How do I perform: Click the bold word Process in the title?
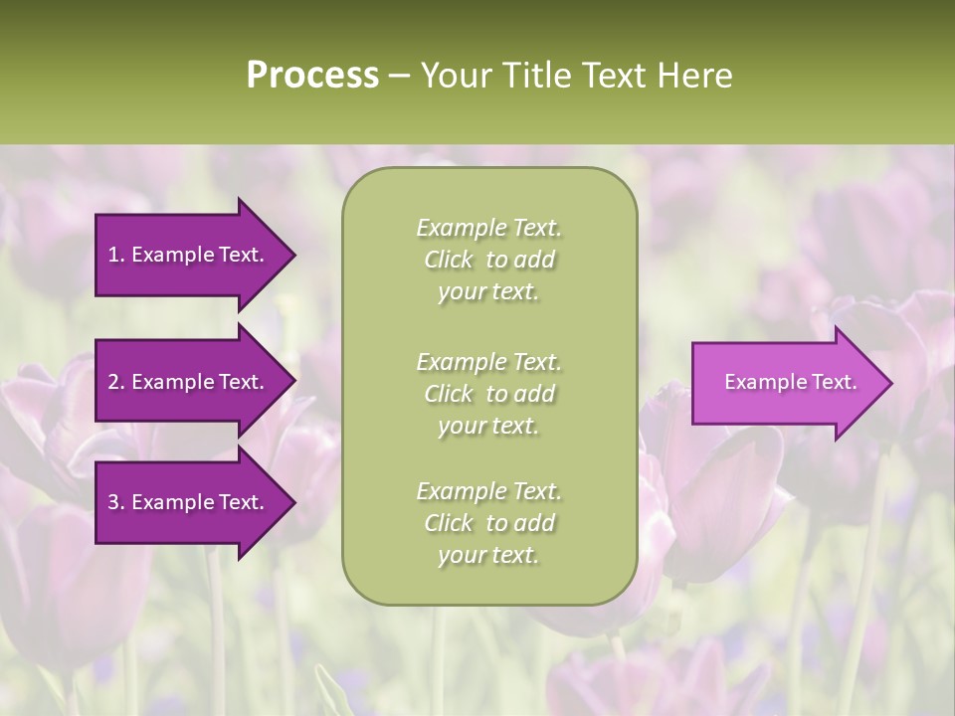coord(312,76)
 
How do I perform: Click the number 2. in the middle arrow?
coord(116,382)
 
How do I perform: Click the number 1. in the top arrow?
coord(116,255)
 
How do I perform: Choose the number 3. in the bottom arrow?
coord(116,502)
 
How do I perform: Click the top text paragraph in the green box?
coord(488,260)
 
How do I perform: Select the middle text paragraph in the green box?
coord(488,393)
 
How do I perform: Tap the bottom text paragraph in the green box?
coord(488,523)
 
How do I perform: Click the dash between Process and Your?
coord(399,77)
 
